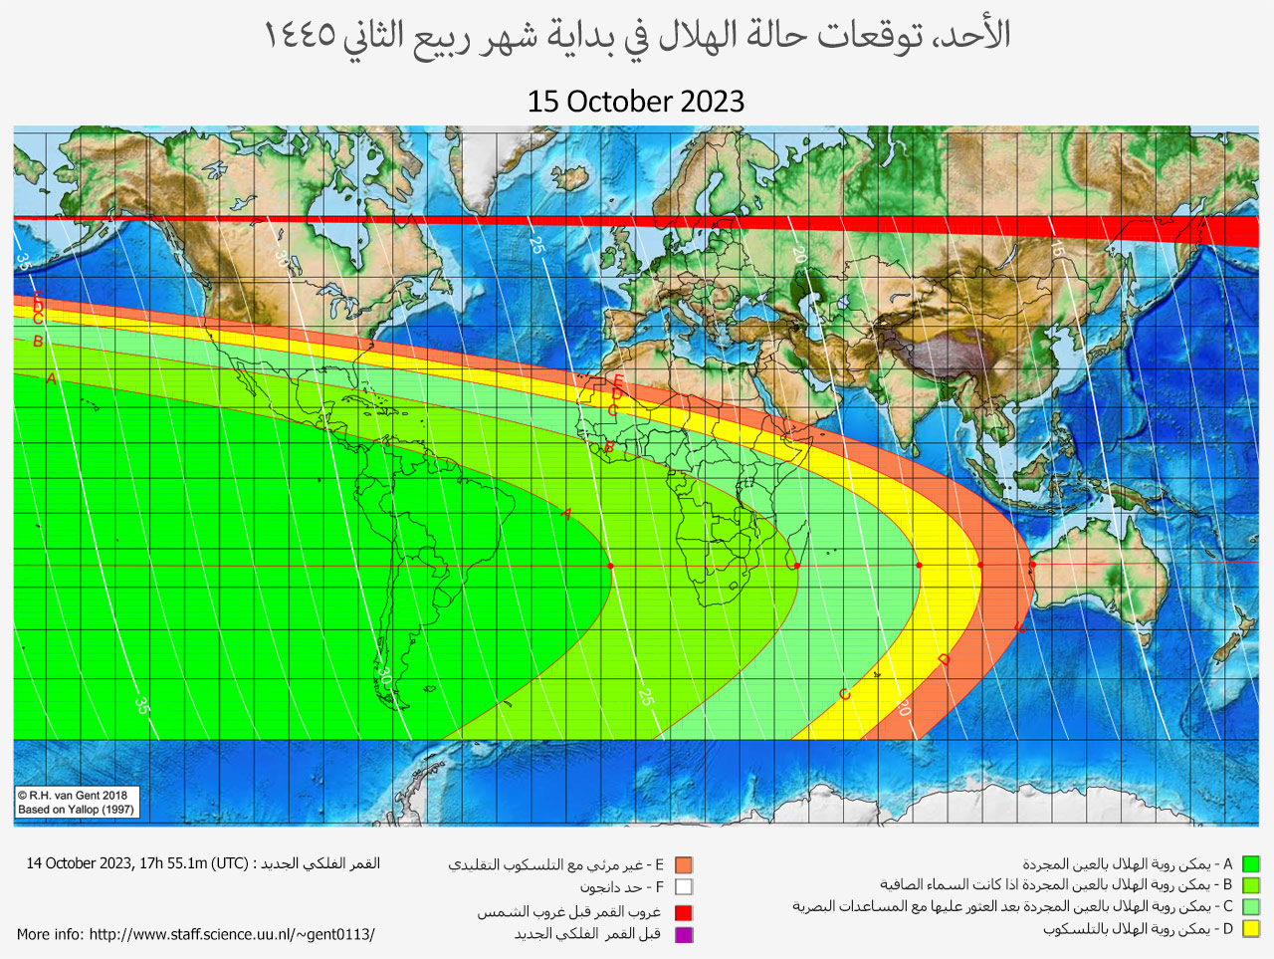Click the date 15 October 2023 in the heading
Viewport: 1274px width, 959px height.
[x=636, y=102]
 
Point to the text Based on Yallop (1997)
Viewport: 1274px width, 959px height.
[x=76, y=810]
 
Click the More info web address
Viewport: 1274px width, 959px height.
[x=231, y=934]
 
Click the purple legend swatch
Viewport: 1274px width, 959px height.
[x=684, y=934]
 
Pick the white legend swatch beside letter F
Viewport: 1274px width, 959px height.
[x=684, y=886]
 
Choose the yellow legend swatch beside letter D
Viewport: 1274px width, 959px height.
[x=1251, y=929]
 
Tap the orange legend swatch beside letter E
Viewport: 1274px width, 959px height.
[x=684, y=864]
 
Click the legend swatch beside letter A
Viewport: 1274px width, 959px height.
[x=1251, y=863]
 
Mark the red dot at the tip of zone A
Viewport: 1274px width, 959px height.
[x=611, y=566]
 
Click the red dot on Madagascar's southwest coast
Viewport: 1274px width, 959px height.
[x=797, y=566]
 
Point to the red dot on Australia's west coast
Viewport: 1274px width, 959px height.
[x=1032, y=566]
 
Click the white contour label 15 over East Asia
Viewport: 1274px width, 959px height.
[x=1056, y=249]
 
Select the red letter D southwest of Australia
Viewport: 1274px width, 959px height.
[x=944, y=660]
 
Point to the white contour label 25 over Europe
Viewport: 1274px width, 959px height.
[x=536, y=245]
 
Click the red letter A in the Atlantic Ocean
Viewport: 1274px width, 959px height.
[x=566, y=514]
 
